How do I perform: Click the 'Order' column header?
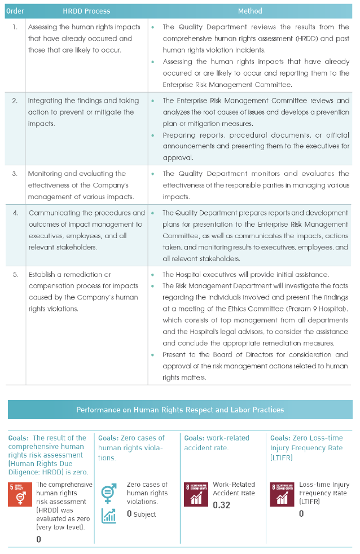[x=15, y=11]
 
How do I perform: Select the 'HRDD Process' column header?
[x=86, y=11]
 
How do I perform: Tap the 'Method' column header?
[x=250, y=11]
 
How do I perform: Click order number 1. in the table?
[x=15, y=27]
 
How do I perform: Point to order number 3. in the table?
[x=15, y=174]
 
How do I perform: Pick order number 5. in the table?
[x=15, y=275]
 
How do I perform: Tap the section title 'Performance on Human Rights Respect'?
[x=180, y=410]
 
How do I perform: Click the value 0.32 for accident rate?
[x=222, y=505]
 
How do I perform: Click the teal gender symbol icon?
[x=108, y=493]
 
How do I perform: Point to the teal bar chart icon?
[x=109, y=516]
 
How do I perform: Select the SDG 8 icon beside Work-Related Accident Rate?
[x=196, y=494]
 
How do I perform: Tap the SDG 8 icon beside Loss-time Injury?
[x=282, y=494]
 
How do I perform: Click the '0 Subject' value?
[x=141, y=514]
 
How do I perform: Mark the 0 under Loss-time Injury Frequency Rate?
[x=301, y=513]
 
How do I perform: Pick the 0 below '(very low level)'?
[x=38, y=539]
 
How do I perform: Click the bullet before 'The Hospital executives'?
[x=153, y=275]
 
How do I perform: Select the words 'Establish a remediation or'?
[x=69, y=275]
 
